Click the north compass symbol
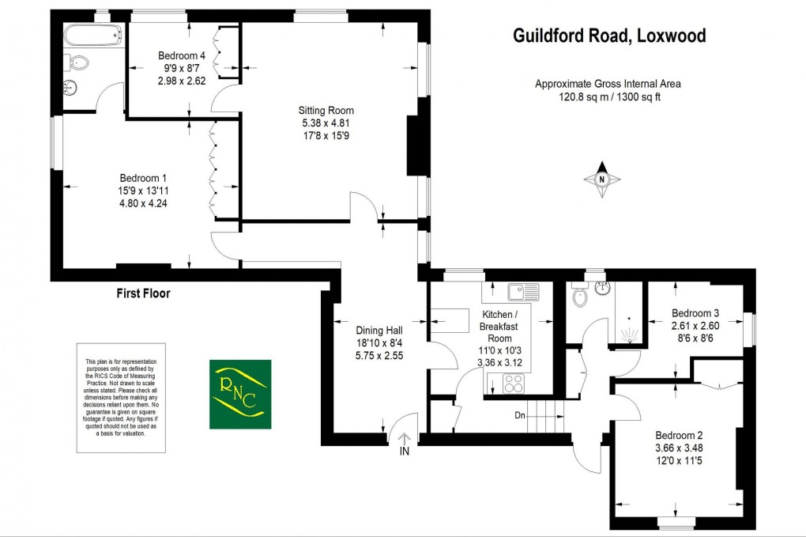coord(602,180)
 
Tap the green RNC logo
coord(240,394)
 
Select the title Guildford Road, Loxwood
coord(609,36)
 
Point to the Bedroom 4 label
coord(182,55)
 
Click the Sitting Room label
coord(326,111)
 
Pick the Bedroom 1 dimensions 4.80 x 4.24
coord(143,202)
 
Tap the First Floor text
coord(144,293)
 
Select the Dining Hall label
coord(380,331)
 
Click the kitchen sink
coord(521,291)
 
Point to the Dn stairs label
coord(520,415)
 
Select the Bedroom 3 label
coord(695,312)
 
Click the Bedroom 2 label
coord(679,435)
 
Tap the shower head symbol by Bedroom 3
coord(629,331)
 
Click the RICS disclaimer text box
coord(121,398)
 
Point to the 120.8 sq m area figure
coord(577,97)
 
